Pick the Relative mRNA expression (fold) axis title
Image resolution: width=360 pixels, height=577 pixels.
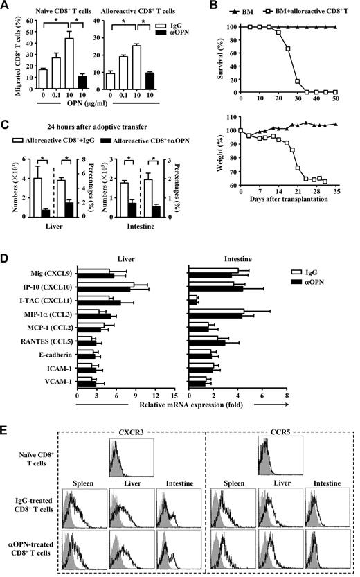[x=183, y=401]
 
